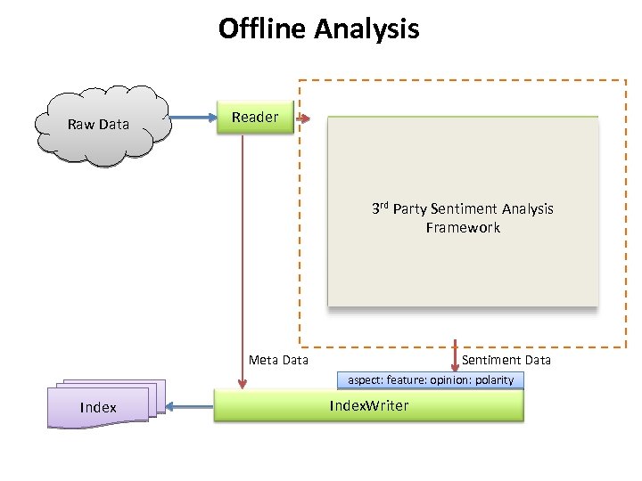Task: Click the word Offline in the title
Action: [x=263, y=29]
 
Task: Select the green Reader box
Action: [x=256, y=118]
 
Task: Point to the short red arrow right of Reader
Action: [x=303, y=118]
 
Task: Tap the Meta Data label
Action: [x=278, y=360]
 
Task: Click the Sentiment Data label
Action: [x=506, y=360]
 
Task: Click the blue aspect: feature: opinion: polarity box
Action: [x=431, y=380]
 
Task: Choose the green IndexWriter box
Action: [x=369, y=406]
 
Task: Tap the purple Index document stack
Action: [x=100, y=407]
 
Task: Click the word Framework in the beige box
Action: [x=463, y=228]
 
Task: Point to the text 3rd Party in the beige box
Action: [x=399, y=208]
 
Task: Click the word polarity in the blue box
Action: [x=495, y=380]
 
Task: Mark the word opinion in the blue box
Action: [x=451, y=380]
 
